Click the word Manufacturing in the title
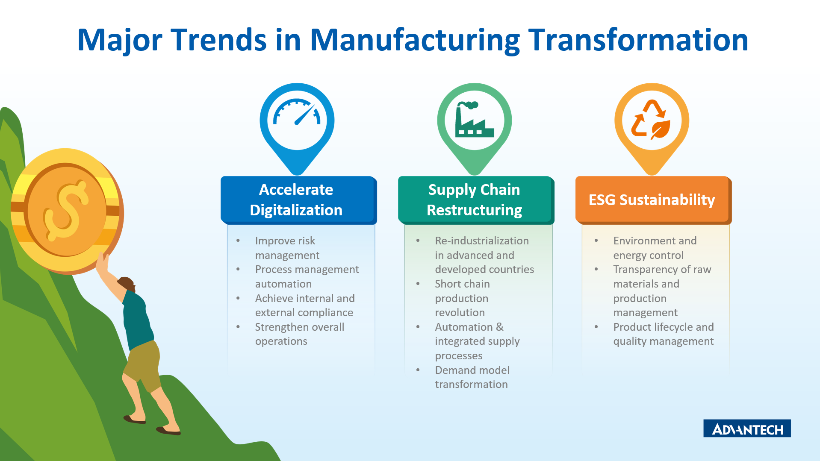point(415,40)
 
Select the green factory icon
point(474,120)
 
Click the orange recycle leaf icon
point(652,120)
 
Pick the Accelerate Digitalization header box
point(298,200)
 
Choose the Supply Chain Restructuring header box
point(476,200)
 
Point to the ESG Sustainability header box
point(653,200)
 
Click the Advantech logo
point(747,428)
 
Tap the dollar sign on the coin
point(65,210)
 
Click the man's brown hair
point(126,284)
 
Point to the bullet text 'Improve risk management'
point(287,248)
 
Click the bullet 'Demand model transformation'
point(472,377)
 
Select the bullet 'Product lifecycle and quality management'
point(664,334)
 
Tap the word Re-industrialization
point(482,241)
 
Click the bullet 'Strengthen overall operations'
point(300,334)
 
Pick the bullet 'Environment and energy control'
point(655,248)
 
